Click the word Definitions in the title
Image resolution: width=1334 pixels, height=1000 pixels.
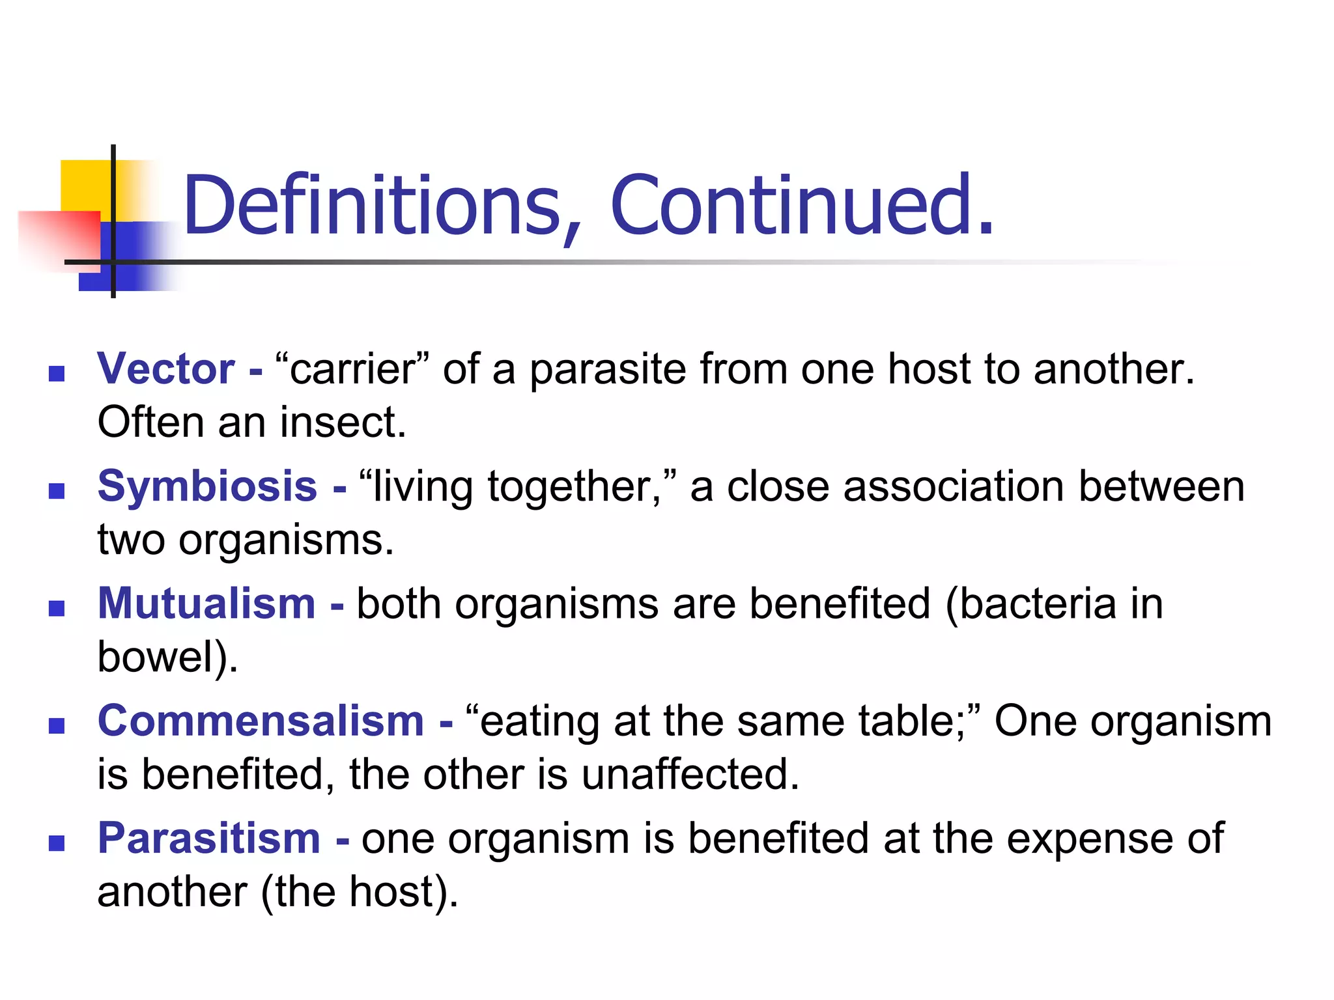(x=372, y=205)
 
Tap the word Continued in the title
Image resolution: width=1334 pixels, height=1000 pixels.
(x=791, y=205)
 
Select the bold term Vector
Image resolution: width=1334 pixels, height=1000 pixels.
(x=166, y=369)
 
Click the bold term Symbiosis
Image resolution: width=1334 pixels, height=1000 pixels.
(x=207, y=486)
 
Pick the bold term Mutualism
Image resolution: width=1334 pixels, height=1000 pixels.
(x=206, y=604)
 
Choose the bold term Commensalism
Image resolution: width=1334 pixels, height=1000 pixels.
(x=261, y=721)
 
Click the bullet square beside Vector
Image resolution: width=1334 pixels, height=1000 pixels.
(x=57, y=374)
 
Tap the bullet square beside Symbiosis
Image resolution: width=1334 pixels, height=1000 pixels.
(x=57, y=491)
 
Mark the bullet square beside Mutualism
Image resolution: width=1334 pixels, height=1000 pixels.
(x=57, y=608)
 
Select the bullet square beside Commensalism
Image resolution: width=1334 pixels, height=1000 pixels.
(x=57, y=725)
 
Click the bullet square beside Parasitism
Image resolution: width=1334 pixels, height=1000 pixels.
(x=57, y=843)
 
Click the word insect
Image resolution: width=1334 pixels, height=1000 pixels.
(x=343, y=423)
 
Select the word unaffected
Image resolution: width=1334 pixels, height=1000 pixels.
(x=690, y=774)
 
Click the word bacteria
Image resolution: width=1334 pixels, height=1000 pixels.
(x=1038, y=604)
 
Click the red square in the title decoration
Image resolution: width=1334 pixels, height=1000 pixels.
(x=59, y=238)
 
